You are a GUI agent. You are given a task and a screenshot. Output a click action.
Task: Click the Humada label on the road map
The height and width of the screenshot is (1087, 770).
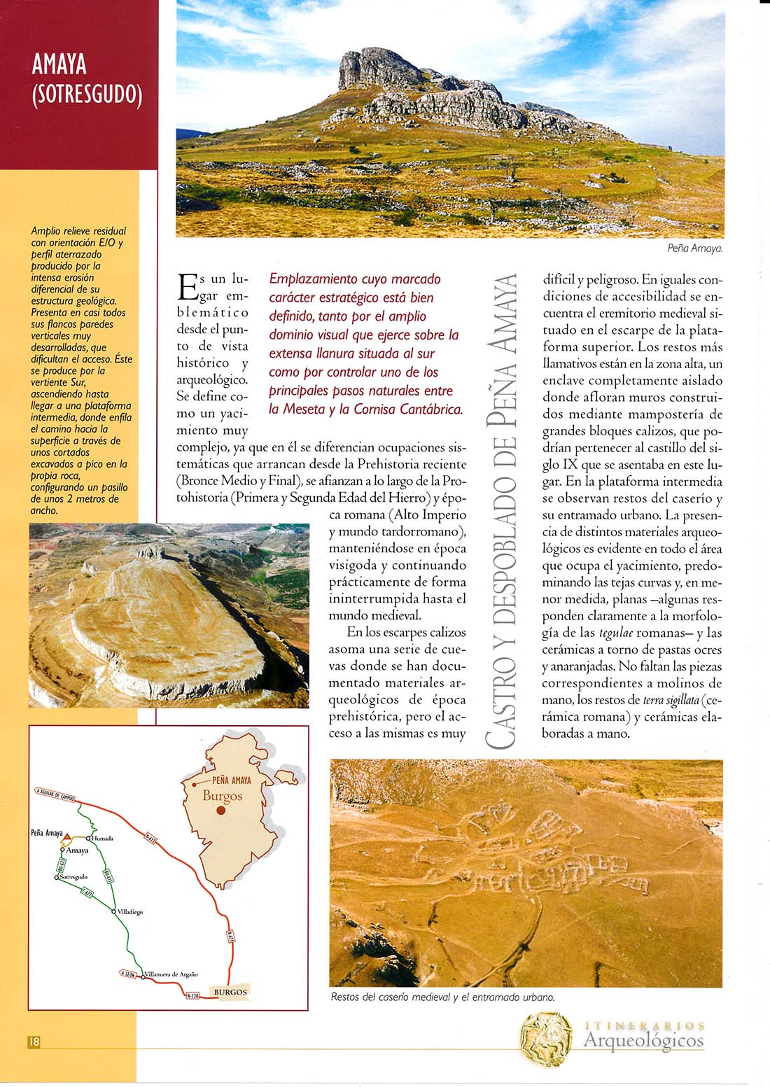(103, 838)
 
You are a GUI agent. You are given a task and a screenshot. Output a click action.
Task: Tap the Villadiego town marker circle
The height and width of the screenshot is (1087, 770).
(113, 911)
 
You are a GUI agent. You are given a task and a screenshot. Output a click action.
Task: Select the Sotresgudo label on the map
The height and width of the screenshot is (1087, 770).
(73, 877)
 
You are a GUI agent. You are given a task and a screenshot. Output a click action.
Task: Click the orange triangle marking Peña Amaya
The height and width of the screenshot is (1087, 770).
(67, 836)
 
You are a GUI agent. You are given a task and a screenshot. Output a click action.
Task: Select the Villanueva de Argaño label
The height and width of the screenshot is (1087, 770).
(172, 974)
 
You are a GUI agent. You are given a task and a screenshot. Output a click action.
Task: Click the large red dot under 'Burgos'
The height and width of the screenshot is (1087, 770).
(221, 811)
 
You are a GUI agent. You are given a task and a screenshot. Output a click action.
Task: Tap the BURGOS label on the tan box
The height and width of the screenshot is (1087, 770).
(230, 992)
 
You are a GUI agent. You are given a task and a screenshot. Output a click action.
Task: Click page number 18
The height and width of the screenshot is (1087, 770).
(34, 1042)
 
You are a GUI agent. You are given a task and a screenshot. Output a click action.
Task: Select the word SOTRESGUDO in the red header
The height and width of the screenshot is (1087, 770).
(87, 94)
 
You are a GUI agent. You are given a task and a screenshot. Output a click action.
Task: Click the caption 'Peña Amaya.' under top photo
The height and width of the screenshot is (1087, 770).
(694, 248)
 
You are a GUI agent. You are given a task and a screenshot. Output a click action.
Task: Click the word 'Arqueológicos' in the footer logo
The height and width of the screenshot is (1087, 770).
(643, 1041)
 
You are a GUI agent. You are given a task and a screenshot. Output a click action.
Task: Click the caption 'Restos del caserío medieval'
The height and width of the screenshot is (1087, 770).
(442, 997)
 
